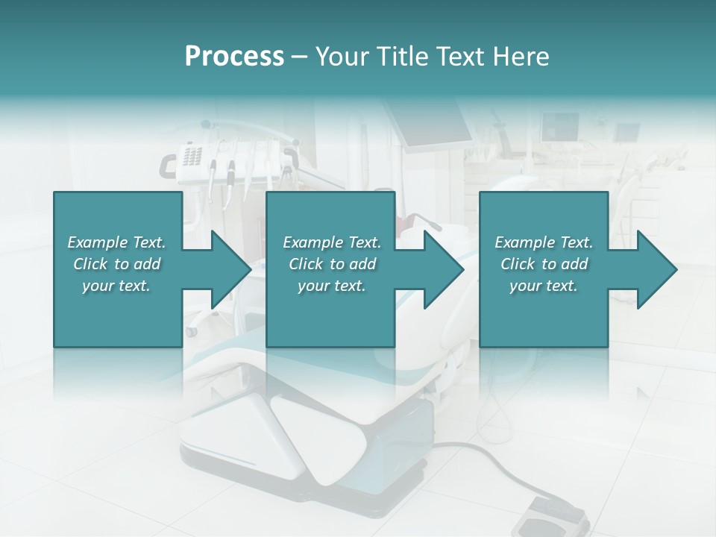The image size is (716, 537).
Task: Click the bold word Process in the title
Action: (234, 57)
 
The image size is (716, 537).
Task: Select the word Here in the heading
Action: (521, 57)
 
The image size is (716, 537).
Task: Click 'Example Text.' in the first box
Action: (116, 242)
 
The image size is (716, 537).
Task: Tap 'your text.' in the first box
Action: (116, 286)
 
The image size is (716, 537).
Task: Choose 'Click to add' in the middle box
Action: (332, 264)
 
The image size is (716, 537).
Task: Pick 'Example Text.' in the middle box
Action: (332, 242)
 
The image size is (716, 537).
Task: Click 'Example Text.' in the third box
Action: (544, 242)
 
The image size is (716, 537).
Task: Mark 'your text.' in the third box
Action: (544, 286)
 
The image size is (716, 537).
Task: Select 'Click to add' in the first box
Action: (116, 264)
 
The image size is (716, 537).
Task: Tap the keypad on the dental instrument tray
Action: (192, 156)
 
